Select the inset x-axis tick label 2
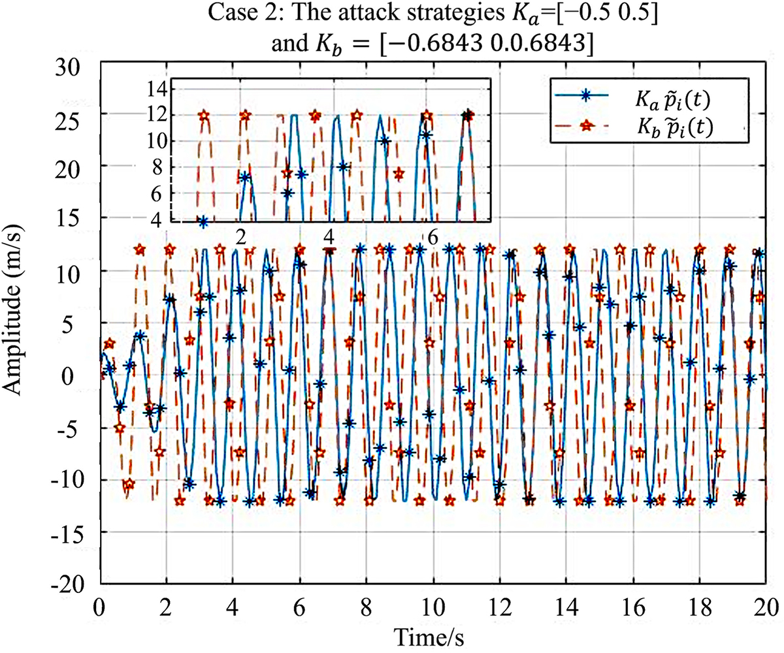tap(240, 235)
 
